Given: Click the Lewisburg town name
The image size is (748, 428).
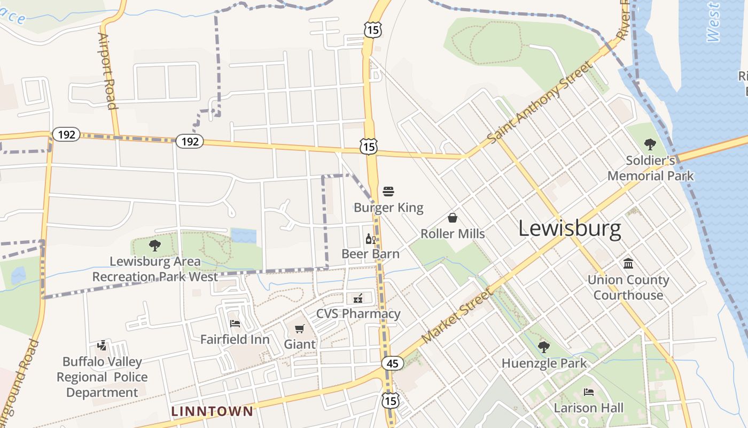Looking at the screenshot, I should [570, 228].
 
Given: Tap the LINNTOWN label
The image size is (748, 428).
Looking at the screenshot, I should [212, 411].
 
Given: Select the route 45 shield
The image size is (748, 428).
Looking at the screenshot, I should [392, 364].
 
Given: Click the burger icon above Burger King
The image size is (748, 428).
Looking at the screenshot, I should [388, 192].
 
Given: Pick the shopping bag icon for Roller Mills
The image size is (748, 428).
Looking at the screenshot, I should [453, 218].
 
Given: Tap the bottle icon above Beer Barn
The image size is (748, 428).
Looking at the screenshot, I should [370, 239].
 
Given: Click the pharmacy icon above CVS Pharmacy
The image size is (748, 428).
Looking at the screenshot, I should [358, 298].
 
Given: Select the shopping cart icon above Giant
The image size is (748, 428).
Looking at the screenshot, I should [300, 328].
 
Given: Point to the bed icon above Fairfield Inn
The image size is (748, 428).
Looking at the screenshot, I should [235, 323].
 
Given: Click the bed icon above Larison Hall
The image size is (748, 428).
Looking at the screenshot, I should [589, 392].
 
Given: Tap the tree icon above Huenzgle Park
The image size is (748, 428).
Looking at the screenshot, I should [543, 347].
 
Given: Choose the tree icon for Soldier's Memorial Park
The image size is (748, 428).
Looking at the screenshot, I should [650, 143].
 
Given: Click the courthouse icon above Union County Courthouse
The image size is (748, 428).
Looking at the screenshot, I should [628, 264].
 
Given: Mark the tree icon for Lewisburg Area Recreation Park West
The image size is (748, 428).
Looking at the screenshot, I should [155, 246].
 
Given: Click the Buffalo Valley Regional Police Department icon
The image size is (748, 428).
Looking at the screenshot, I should [102, 346].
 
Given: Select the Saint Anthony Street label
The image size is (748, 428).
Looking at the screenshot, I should [540, 102].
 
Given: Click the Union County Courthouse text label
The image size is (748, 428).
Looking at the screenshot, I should [628, 287].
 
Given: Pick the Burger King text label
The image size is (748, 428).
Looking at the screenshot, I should [388, 208].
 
